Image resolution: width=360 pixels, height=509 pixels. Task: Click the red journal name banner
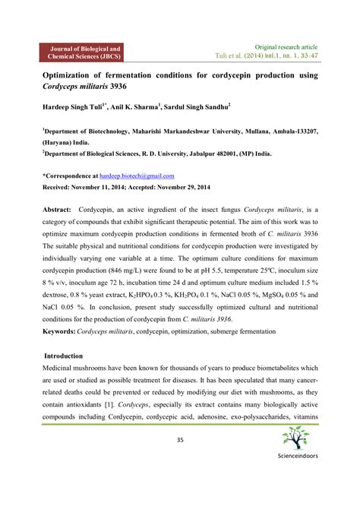pos(85,52)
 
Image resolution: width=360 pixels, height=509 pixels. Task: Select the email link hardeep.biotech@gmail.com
pos(141,175)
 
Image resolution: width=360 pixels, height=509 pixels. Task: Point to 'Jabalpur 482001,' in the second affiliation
pos(232,152)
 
